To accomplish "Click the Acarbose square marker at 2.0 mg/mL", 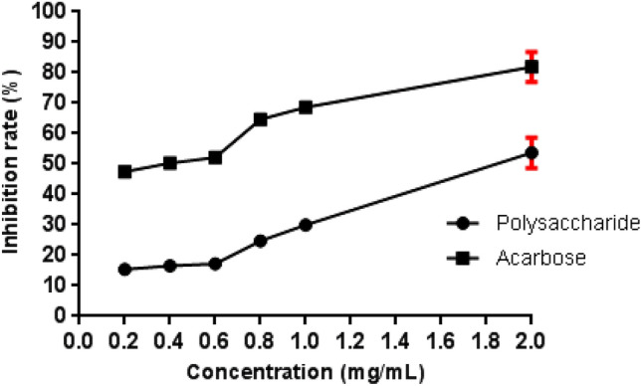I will [x=532, y=67].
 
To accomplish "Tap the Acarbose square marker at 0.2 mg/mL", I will [x=124, y=171].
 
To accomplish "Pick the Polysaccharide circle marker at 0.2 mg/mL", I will [x=124, y=269].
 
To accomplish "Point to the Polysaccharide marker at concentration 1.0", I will [x=306, y=225].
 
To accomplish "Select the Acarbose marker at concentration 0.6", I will [x=215, y=157].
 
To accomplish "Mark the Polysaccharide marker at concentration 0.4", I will [x=170, y=266].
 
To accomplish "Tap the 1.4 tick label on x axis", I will [x=396, y=339].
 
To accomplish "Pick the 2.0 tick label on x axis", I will [x=532, y=339].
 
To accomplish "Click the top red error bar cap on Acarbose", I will [x=532, y=52].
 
